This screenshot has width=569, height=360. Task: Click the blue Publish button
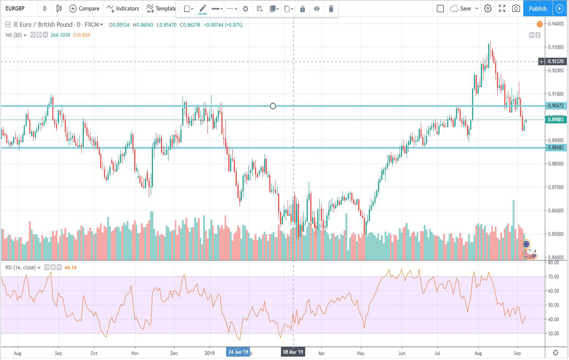(538, 8)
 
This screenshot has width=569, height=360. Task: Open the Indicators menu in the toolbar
(123, 8)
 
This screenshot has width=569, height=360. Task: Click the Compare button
(85, 8)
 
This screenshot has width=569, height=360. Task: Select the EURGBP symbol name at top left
(15, 8)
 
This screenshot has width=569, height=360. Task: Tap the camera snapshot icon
(516, 8)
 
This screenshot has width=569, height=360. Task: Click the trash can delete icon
(331, 9)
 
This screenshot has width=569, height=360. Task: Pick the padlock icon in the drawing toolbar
(302, 9)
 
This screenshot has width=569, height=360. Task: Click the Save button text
(465, 8)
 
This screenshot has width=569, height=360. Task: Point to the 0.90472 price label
(555, 106)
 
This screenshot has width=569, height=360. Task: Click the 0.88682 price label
(555, 147)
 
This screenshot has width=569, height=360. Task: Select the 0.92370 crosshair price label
(555, 61)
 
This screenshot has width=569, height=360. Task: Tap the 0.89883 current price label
(555, 119)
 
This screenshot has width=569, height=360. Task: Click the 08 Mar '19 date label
(293, 352)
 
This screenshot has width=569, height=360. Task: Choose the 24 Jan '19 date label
(238, 352)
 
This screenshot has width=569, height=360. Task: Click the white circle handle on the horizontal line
(273, 106)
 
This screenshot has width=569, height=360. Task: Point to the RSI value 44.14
(70, 267)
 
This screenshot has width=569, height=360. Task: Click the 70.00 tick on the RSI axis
(553, 277)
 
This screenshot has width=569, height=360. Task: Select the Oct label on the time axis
(94, 353)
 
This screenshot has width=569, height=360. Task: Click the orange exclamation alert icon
(539, 25)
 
